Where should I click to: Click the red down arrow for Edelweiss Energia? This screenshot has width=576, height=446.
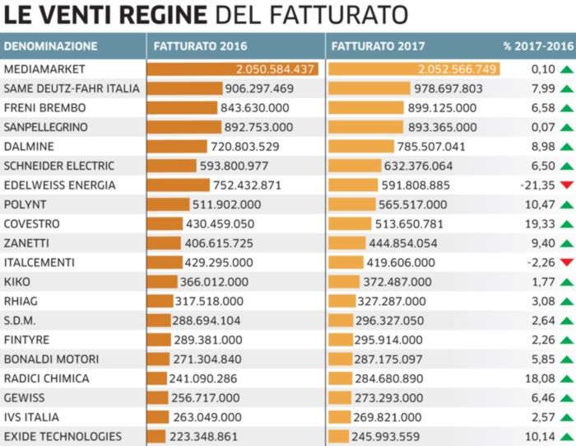565,185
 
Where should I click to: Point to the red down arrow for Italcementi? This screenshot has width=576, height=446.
565,262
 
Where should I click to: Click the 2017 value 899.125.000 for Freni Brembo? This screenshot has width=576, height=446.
442,107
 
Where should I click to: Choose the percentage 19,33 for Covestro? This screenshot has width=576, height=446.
540,223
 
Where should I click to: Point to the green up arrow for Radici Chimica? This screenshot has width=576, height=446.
565,378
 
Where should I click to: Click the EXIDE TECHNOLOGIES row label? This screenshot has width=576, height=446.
63,436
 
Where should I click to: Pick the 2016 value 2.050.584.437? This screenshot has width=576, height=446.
276,69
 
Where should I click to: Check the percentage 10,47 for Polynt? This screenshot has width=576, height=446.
540,204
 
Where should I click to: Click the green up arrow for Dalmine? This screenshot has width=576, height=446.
565,147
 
